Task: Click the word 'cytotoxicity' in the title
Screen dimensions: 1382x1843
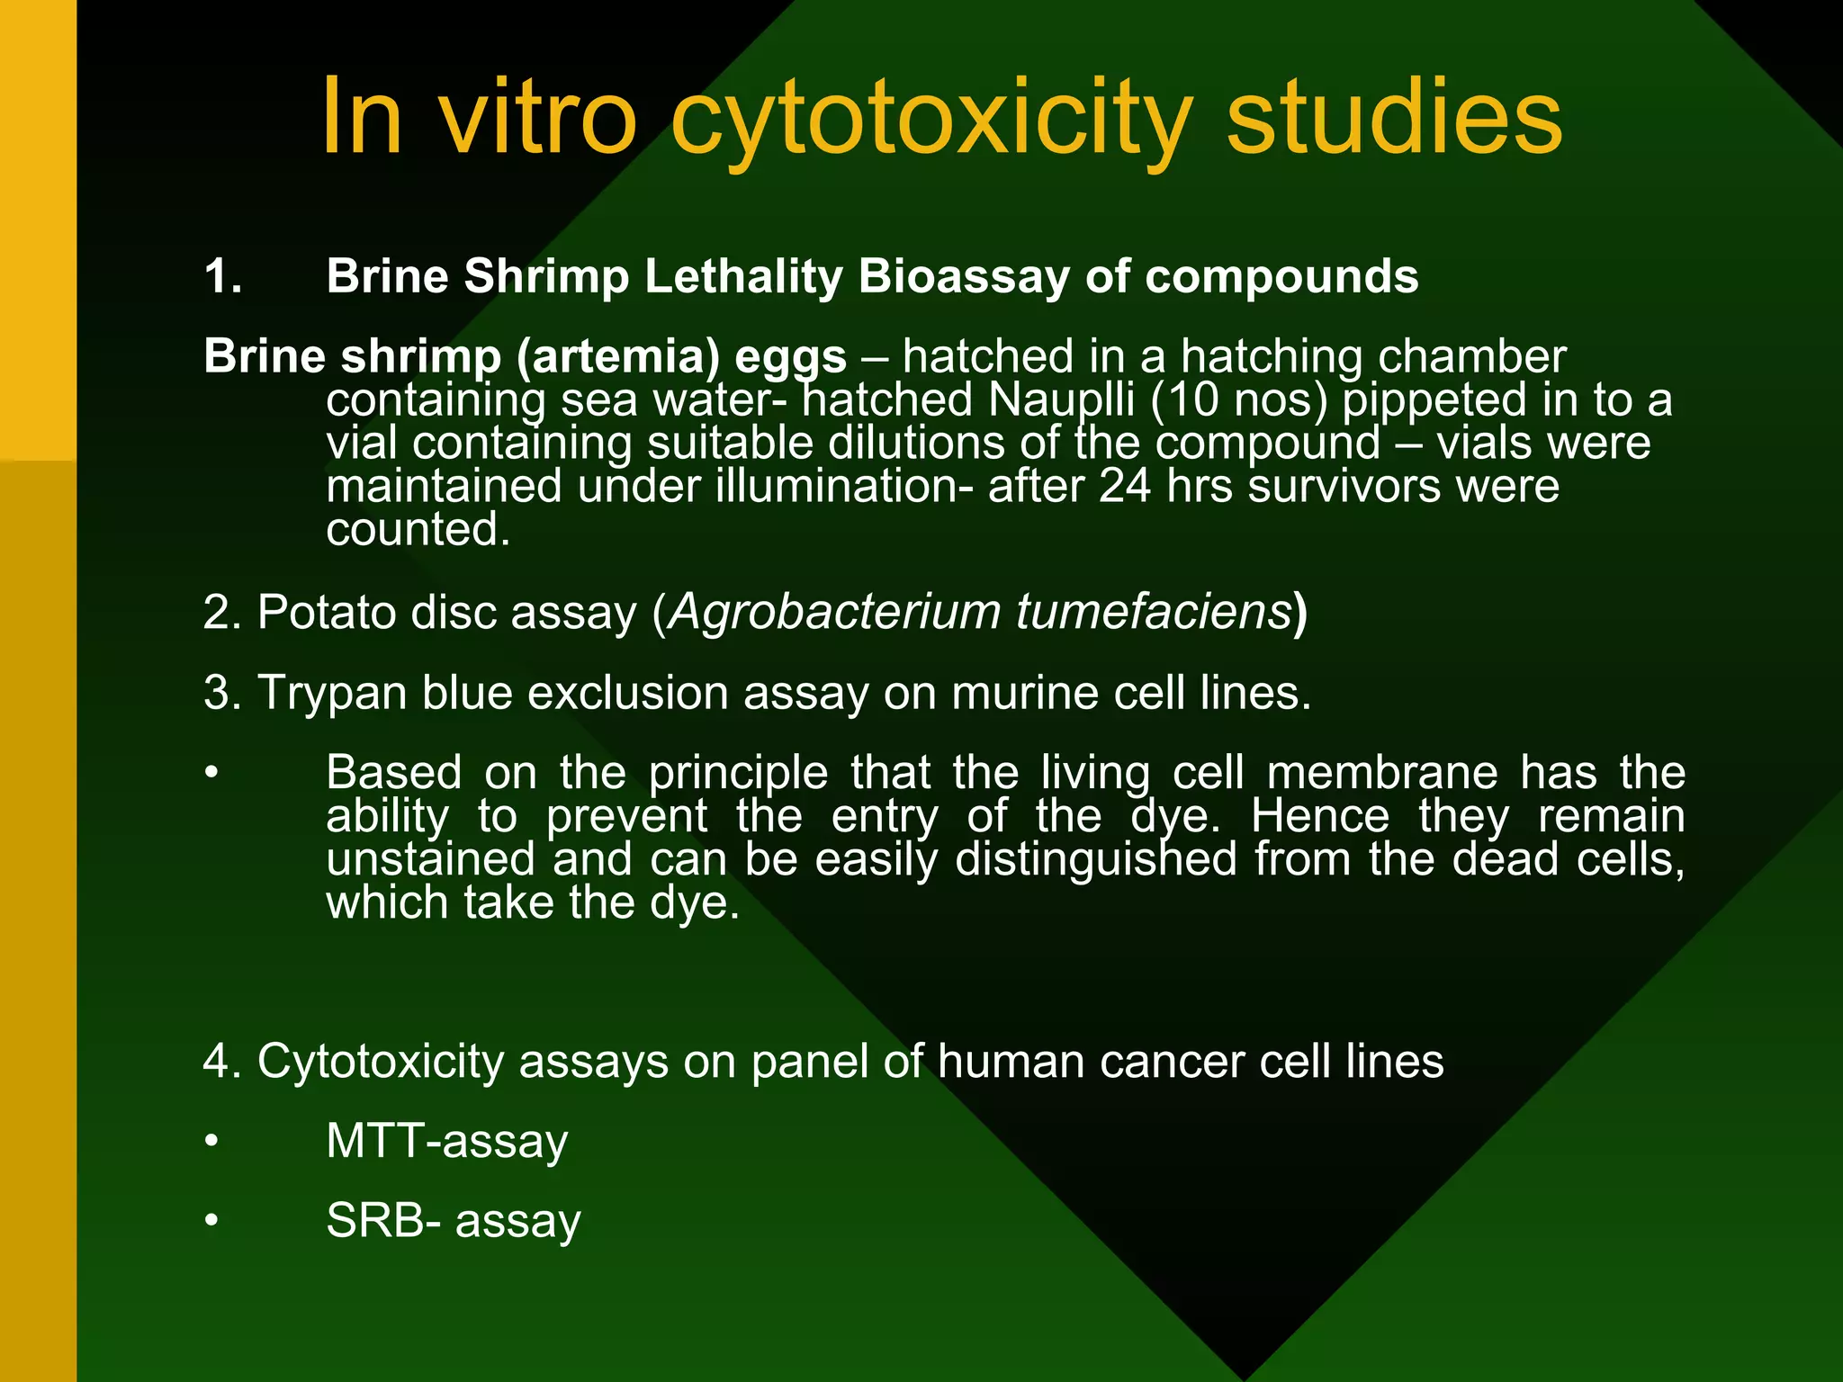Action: (931, 121)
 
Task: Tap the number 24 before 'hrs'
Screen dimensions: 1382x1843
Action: (1124, 487)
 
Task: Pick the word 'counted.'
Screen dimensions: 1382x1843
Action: (418, 529)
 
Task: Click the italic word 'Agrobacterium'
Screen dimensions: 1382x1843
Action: (834, 613)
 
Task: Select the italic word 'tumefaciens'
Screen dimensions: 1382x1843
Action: (1154, 613)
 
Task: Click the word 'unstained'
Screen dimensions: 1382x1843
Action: (431, 859)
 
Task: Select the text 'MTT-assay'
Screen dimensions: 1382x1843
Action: (446, 1142)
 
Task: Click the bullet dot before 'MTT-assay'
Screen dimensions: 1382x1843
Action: (211, 1142)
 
